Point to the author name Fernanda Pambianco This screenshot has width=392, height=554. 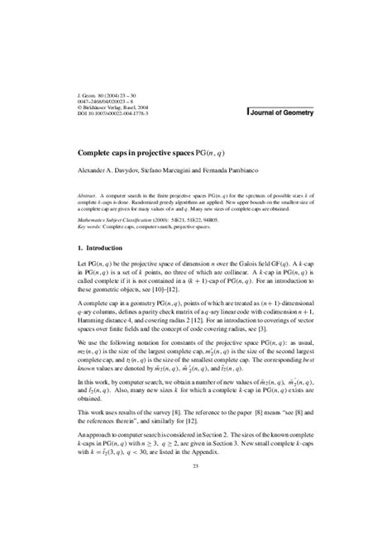click(260, 172)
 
